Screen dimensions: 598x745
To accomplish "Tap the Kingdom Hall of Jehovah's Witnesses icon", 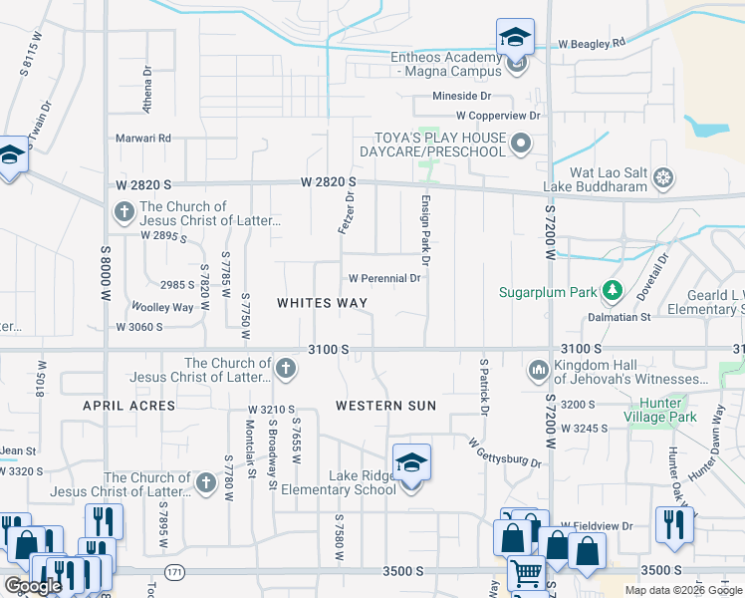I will pyautogui.click(x=539, y=371).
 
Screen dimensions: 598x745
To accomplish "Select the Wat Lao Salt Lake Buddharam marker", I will pyautogui.click(x=663, y=179).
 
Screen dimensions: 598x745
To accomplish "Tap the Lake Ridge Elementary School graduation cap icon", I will pyautogui.click(x=410, y=463).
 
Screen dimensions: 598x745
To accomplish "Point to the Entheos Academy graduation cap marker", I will pyautogui.click(x=515, y=39).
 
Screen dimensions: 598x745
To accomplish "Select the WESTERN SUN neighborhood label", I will pyautogui.click(x=385, y=406).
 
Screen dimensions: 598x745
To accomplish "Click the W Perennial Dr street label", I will pyautogui.click(x=384, y=278).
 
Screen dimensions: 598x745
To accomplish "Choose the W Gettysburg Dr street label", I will pyautogui.click(x=504, y=455).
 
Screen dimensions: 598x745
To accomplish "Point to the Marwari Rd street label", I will pyautogui.click(x=143, y=138).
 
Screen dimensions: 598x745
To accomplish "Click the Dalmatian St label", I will pyautogui.click(x=618, y=317).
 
